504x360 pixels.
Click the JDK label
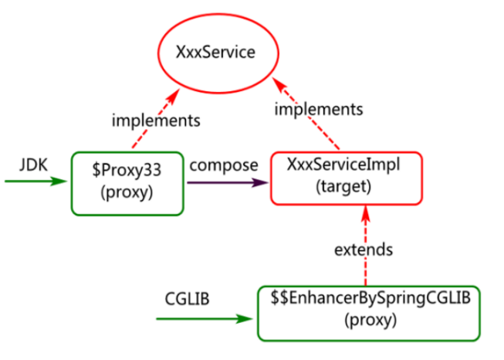(x=33, y=165)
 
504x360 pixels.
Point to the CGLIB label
(x=187, y=298)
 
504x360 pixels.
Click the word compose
(x=224, y=165)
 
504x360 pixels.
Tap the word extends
(x=364, y=250)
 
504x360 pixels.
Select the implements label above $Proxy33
(x=156, y=121)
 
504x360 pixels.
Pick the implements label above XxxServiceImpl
(x=319, y=109)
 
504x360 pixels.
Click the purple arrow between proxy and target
(x=228, y=183)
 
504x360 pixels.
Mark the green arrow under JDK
(x=36, y=181)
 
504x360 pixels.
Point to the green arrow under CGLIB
(x=205, y=319)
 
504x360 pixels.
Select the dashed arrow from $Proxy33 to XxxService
(x=156, y=118)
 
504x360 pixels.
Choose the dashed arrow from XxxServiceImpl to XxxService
(x=306, y=114)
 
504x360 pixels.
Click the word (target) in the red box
(x=343, y=187)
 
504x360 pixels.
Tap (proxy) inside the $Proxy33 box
(x=127, y=192)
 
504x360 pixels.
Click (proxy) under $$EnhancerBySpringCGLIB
(x=370, y=320)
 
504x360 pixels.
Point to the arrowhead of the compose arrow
(x=260, y=183)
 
